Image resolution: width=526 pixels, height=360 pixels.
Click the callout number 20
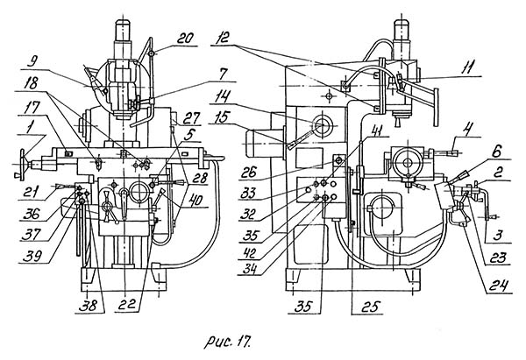[184, 39]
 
